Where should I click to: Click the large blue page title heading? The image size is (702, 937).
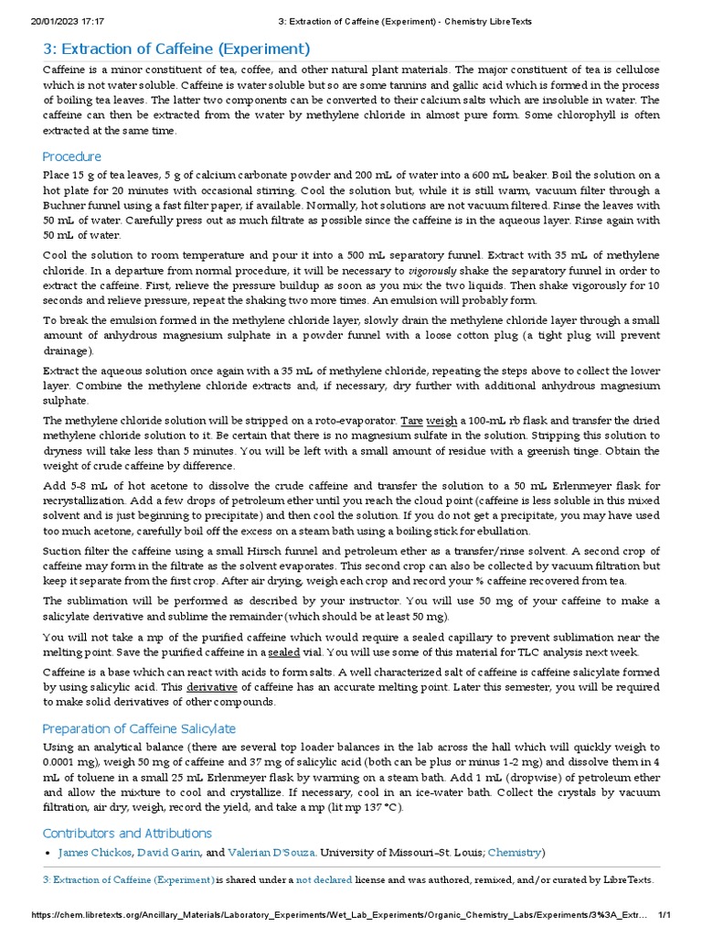click(176, 48)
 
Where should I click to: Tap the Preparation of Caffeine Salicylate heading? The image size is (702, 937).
click(139, 728)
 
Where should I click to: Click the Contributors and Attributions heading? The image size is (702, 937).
click(127, 833)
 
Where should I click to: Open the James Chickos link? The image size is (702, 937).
click(93, 853)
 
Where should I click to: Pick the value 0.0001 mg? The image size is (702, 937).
click(73, 761)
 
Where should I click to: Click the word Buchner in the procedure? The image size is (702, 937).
click(67, 206)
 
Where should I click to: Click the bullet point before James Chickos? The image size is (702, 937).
click(48, 853)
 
